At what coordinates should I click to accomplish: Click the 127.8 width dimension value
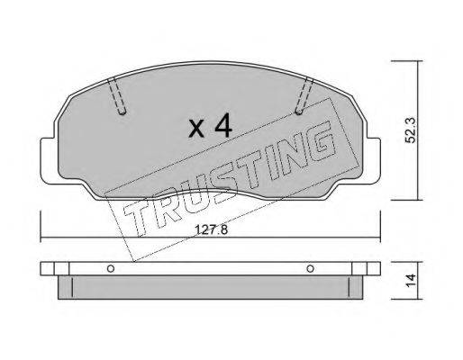(211, 230)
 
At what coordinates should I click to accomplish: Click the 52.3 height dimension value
(410, 130)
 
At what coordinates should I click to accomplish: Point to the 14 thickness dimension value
(411, 280)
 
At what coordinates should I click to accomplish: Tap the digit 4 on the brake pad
(223, 125)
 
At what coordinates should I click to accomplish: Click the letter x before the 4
(196, 129)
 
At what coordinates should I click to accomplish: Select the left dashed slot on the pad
(117, 95)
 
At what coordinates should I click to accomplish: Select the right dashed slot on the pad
(304, 95)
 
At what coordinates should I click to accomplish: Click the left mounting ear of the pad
(48, 160)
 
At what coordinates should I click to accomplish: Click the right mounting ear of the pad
(373, 160)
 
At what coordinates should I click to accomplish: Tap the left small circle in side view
(111, 268)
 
